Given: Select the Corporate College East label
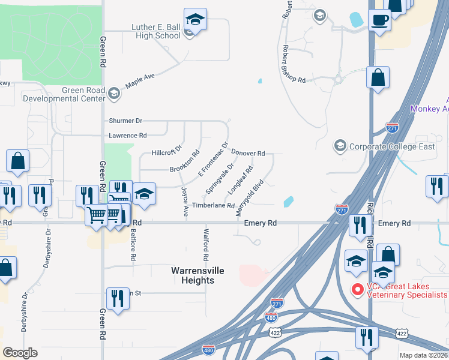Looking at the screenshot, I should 392,146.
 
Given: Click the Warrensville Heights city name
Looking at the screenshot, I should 197,275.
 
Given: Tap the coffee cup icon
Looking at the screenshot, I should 379,20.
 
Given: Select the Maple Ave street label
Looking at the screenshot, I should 140,81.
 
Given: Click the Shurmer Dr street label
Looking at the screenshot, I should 125,121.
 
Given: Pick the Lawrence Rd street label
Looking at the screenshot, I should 127,136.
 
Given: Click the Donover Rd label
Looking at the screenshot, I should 248,154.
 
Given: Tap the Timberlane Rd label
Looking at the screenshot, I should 213,205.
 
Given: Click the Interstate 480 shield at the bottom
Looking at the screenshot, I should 208,349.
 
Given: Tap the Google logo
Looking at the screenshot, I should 20,353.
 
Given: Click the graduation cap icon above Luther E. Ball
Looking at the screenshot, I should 196,19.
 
